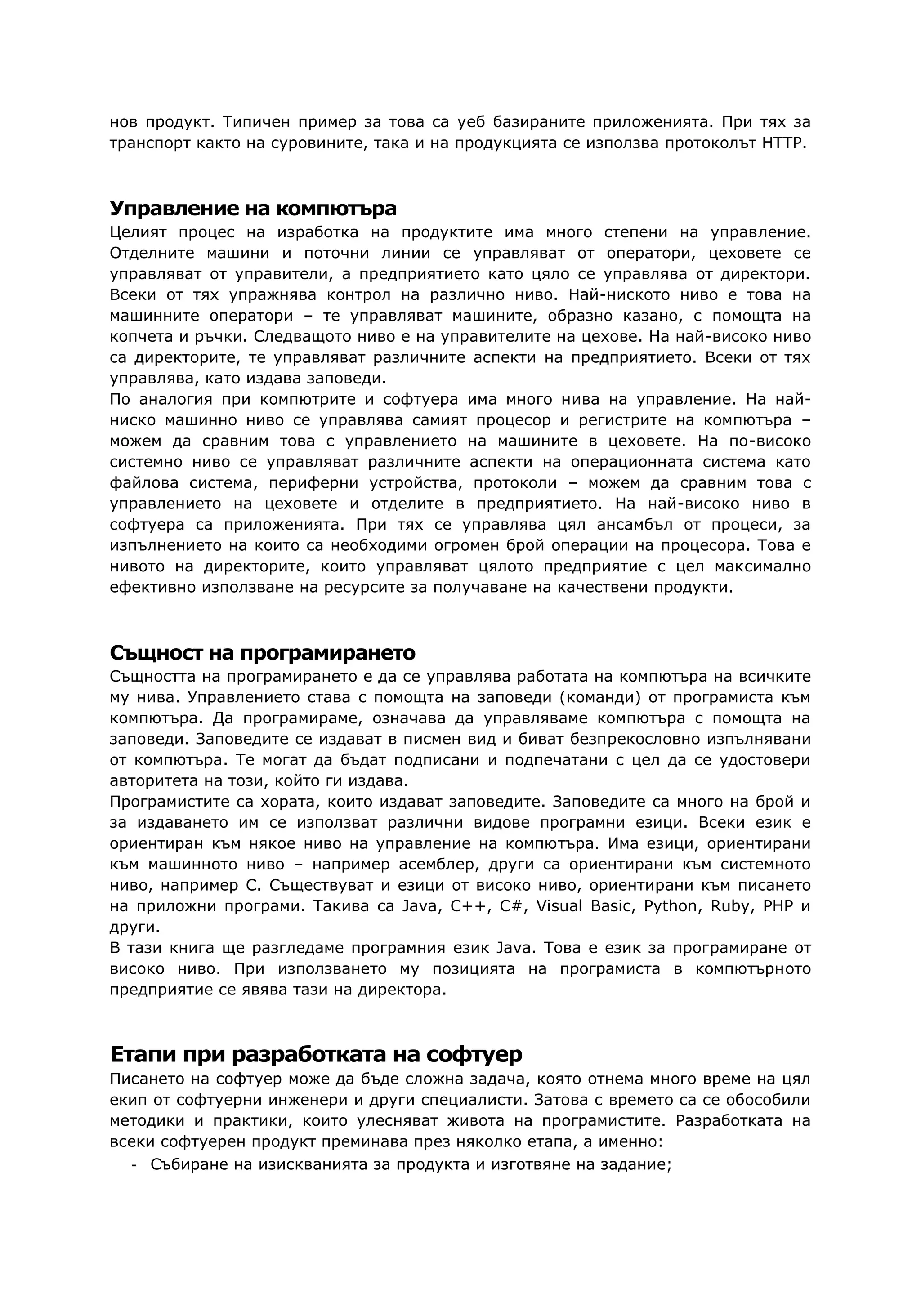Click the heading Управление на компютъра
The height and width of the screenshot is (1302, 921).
[253, 209]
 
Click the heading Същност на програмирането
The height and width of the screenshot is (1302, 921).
[262, 653]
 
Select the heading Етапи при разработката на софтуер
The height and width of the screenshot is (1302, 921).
[315, 1054]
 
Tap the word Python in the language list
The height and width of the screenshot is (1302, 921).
[671, 906]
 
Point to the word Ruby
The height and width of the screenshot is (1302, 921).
[731, 906]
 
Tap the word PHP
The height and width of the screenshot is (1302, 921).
[778, 906]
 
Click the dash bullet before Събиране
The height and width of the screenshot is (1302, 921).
[134, 1165]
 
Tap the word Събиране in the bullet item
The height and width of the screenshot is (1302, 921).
[186, 1165]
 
